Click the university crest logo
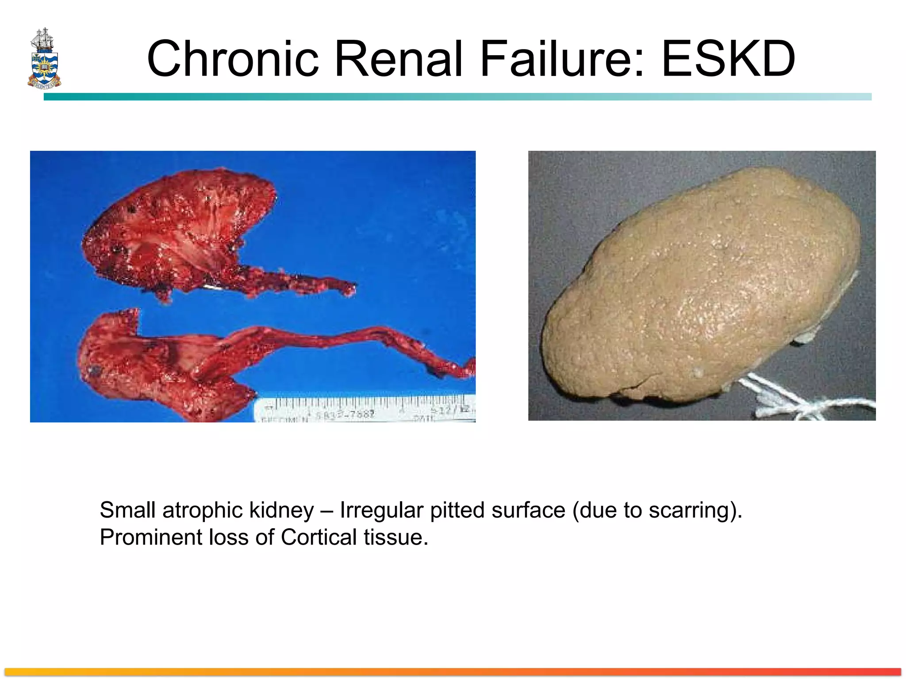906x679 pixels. click(x=44, y=58)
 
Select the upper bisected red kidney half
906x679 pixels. click(x=177, y=230)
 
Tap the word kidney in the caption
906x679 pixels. click(x=281, y=510)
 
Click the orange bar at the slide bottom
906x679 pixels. click(x=453, y=671)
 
